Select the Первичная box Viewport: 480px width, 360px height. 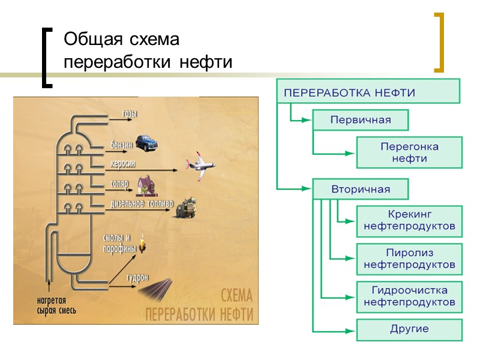pyautogui.click(x=360, y=120)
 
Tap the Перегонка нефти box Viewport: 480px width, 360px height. pyautogui.click(x=410, y=152)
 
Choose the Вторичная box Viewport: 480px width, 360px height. pyautogui.click(x=360, y=189)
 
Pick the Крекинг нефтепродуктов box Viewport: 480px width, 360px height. pyautogui.click(x=410, y=221)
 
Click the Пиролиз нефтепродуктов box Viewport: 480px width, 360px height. pyautogui.click(x=410, y=259)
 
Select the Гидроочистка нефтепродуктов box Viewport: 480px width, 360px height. pyautogui.click(x=410, y=296)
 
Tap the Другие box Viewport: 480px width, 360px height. pyautogui.click(x=410, y=329)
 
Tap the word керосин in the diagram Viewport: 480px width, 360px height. pyautogui.click(x=122, y=163)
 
